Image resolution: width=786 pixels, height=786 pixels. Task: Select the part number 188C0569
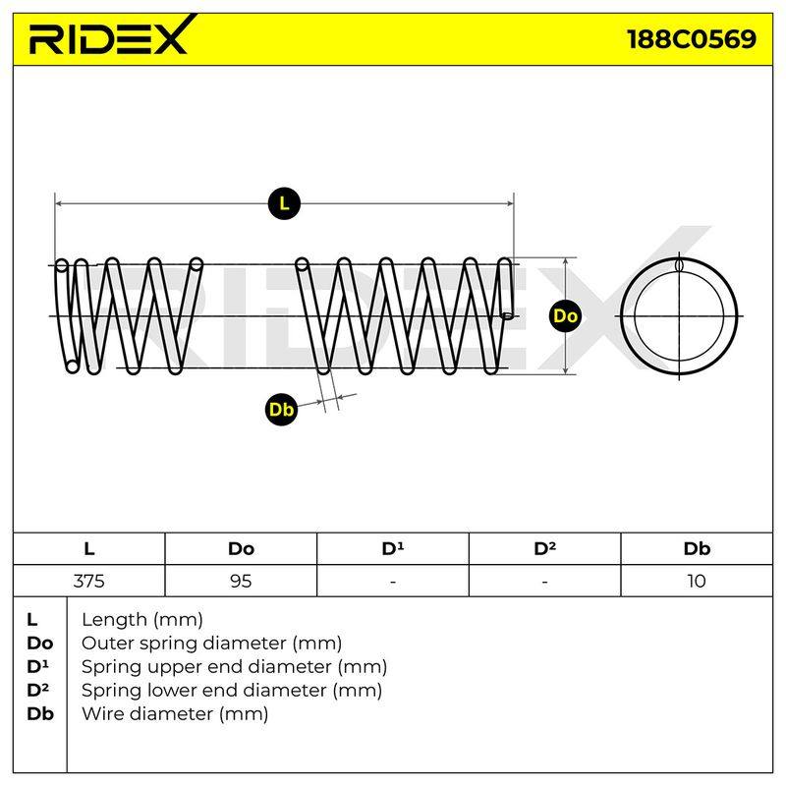pyautogui.click(x=692, y=38)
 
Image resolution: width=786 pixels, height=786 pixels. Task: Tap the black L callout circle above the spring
pyautogui.click(x=284, y=203)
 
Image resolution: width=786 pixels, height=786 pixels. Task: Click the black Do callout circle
pyautogui.click(x=566, y=315)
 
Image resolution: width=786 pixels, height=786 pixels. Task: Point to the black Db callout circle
pyautogui.click(x=281, y=409)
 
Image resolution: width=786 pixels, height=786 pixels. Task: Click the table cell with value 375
pyautogui.click(x=89, y=581)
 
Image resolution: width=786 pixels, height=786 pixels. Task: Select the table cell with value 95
pyautogui.click(x=241, y=581)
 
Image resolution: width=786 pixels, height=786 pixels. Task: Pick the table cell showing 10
pyautogui.click(x=697, y=581)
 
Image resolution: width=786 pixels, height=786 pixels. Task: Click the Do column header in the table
pyautogui.click(x=241, y=548)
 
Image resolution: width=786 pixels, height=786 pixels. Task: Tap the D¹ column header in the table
pyautogui.click(x=393, y=548)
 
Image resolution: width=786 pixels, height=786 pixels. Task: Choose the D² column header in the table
pyautogui.click(x=545, y=548)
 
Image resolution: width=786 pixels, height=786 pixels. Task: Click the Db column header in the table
pyautogui.click(x=697, y=548)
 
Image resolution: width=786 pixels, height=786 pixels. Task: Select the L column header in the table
pyautogui.click(x=89, y=548)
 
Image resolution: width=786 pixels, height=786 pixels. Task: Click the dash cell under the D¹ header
pyautogui.click(x=393, y=581)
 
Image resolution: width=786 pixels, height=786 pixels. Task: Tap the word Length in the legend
pyautogui.click(x=114, y=620)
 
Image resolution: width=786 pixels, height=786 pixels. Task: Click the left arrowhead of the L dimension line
pyautogui.click(x=59, y=203)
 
